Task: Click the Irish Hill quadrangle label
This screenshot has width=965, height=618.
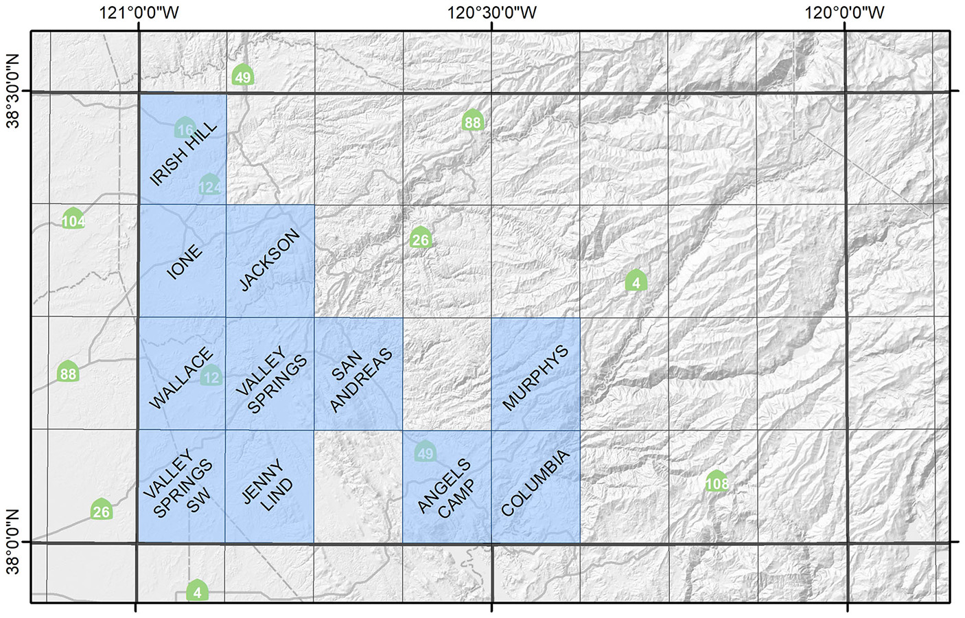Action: point(183,153)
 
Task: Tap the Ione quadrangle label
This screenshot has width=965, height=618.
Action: point(185,262)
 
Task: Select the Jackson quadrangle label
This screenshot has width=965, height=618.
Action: point(270,260)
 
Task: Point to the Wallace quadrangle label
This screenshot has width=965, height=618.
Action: point(181,378)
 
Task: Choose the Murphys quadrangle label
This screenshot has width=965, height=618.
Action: point(535,378)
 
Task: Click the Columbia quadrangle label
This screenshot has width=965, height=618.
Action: point(535,483)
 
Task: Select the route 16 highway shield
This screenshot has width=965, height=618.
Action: point(185,128)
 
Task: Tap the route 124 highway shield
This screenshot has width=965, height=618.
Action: point(210,186)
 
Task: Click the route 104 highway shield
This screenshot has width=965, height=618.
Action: point(73,220)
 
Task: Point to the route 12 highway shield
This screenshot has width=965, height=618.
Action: point(211,376)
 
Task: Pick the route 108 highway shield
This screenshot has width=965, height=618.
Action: point(717,482)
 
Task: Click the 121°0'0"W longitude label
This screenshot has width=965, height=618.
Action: point(139,12)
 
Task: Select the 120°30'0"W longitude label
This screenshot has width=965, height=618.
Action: point(492,12)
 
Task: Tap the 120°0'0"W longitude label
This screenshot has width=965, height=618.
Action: point(844,12)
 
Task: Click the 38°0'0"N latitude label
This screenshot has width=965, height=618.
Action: point(13,542)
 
